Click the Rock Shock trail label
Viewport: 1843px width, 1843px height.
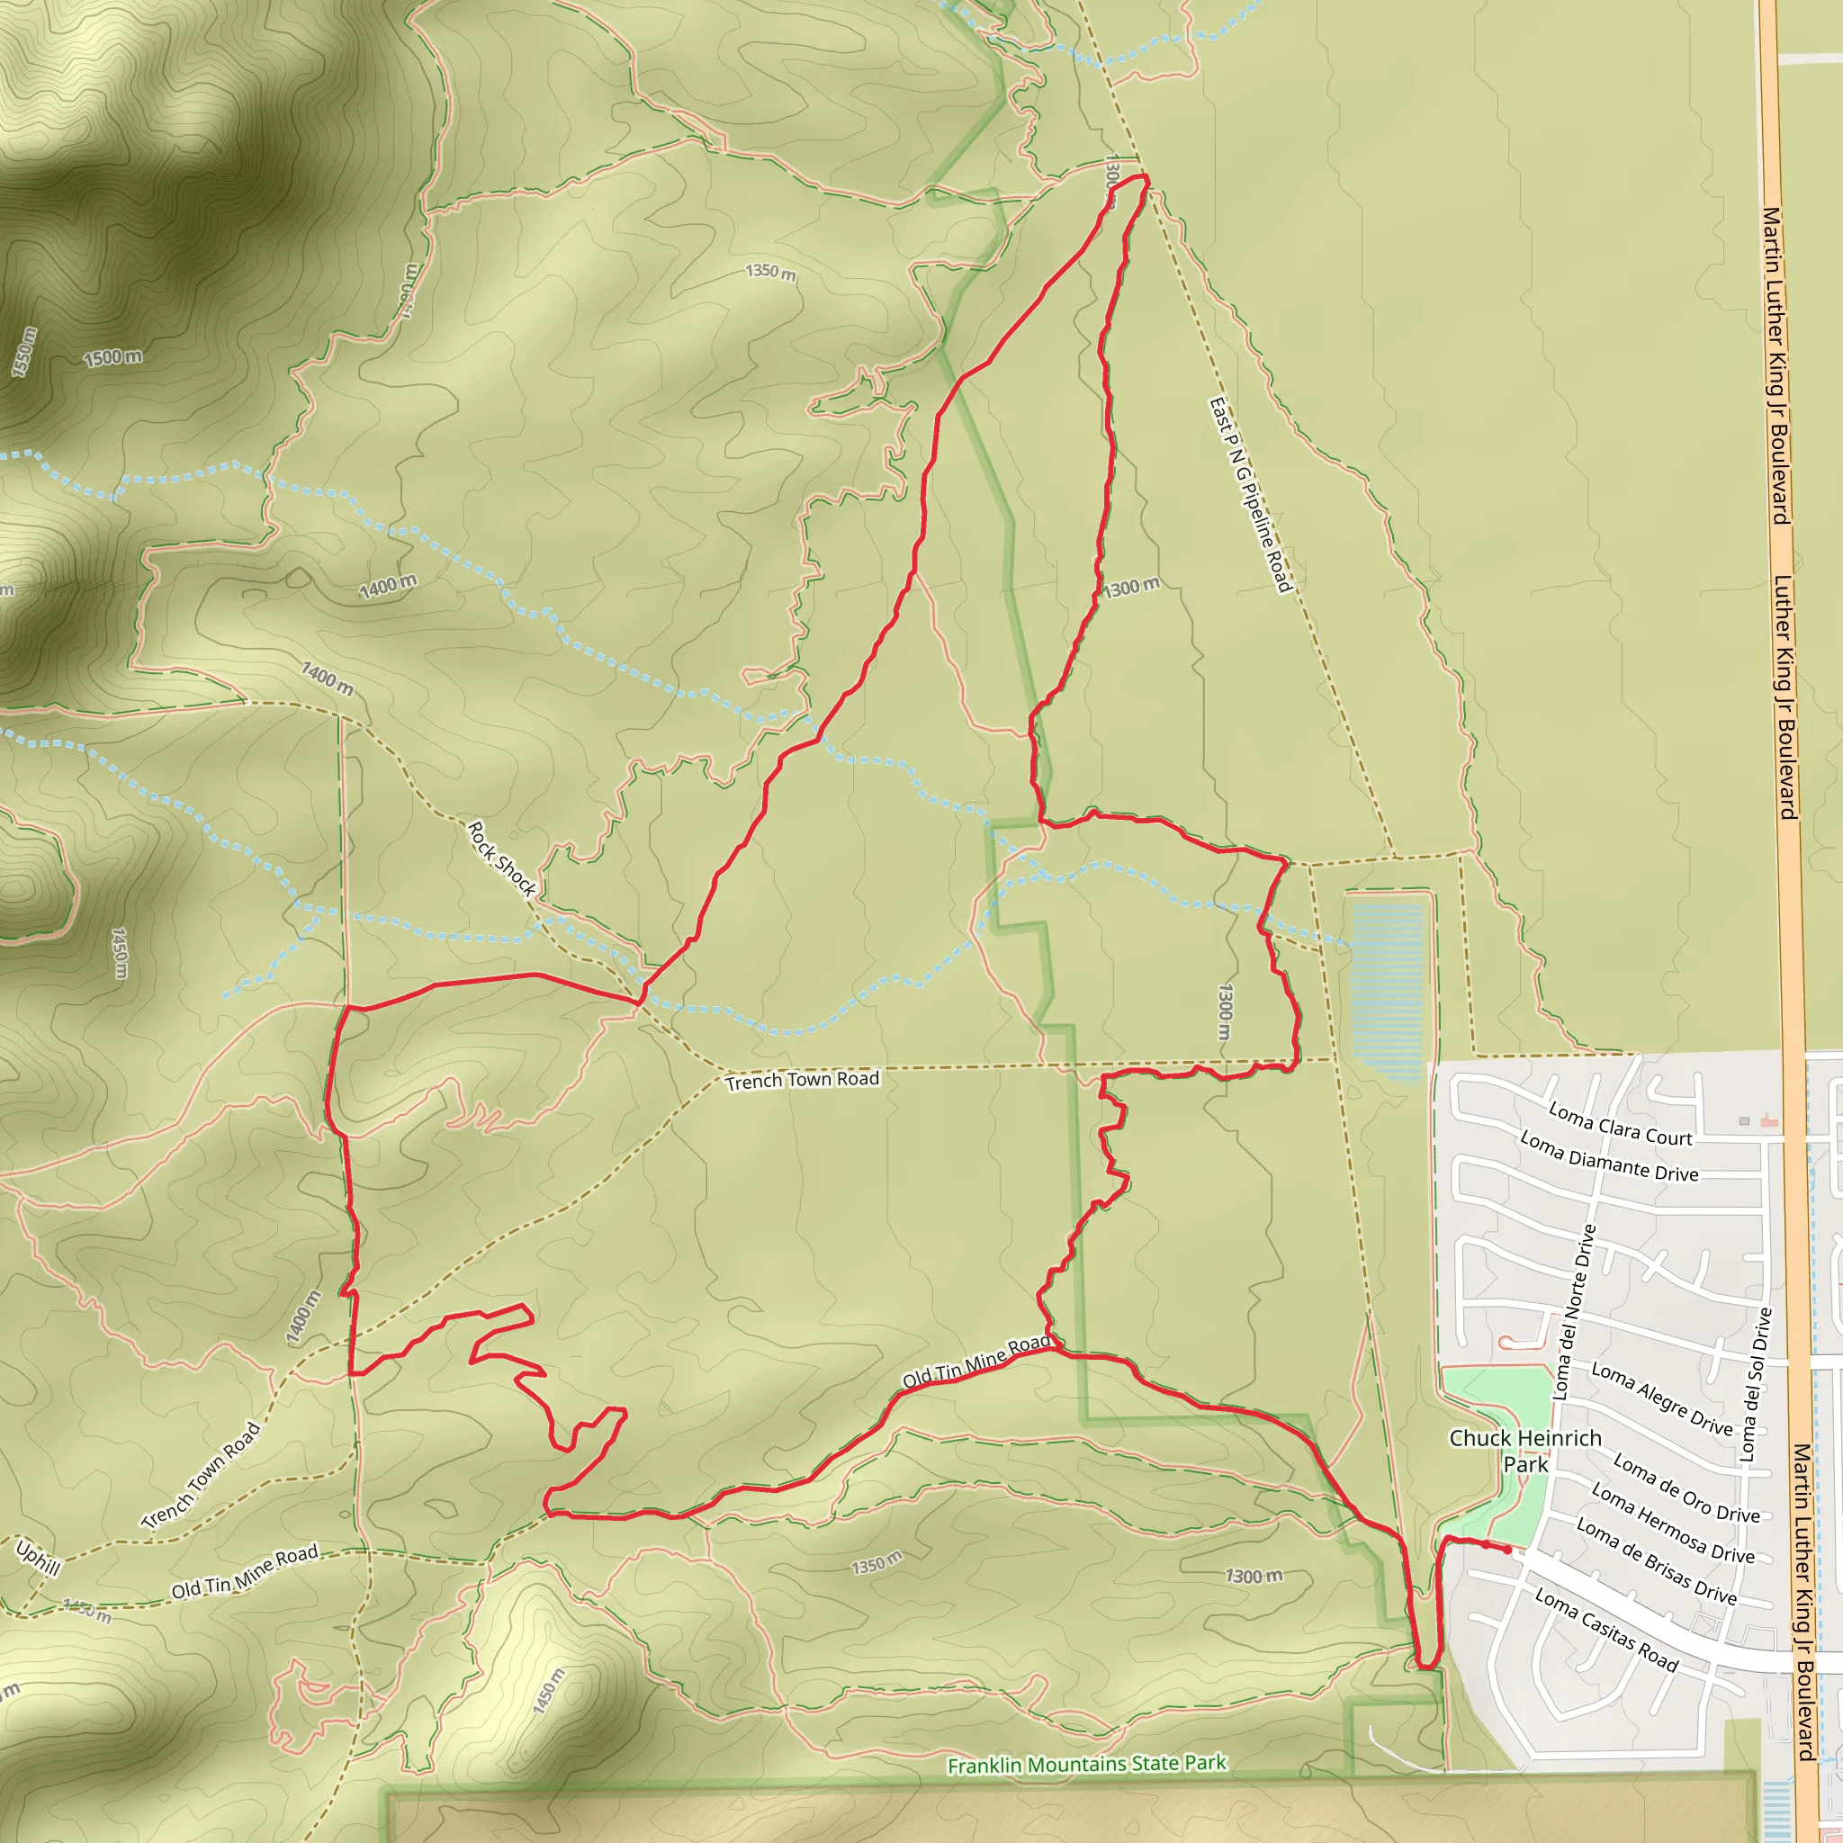click(502, 859)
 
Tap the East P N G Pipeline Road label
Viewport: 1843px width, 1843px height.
click(1250, 495)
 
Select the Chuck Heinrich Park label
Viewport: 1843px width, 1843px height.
click(1524, 1451)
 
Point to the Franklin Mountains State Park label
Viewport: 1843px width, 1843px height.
click(1086, 1765)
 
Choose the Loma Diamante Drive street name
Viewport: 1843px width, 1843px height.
click(1608, 1157)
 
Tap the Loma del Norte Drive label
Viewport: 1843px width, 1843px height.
click(1574, 1314)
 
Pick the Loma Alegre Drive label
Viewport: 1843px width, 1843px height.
click(1662, 1398)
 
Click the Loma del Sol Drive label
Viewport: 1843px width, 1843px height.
click(1755, 1383)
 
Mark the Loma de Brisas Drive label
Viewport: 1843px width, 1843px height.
click(1656, 1561)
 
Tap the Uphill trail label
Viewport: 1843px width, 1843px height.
click(38, 1559)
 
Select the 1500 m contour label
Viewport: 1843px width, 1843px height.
click(112, 358)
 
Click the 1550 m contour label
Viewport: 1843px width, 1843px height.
click(24, 352)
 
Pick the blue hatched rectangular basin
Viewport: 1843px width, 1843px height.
click(1388, 992)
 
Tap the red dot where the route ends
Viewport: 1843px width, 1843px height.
click(1507, 1551)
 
